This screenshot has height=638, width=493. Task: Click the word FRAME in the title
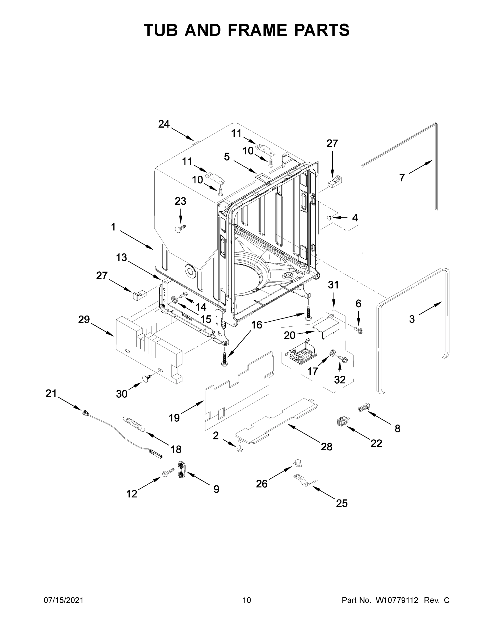coord(257,30)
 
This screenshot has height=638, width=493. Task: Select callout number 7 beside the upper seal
coord(402,177)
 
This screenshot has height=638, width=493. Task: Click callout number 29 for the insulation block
coord(84,320)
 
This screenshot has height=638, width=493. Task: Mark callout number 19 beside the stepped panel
coord(174,418)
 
